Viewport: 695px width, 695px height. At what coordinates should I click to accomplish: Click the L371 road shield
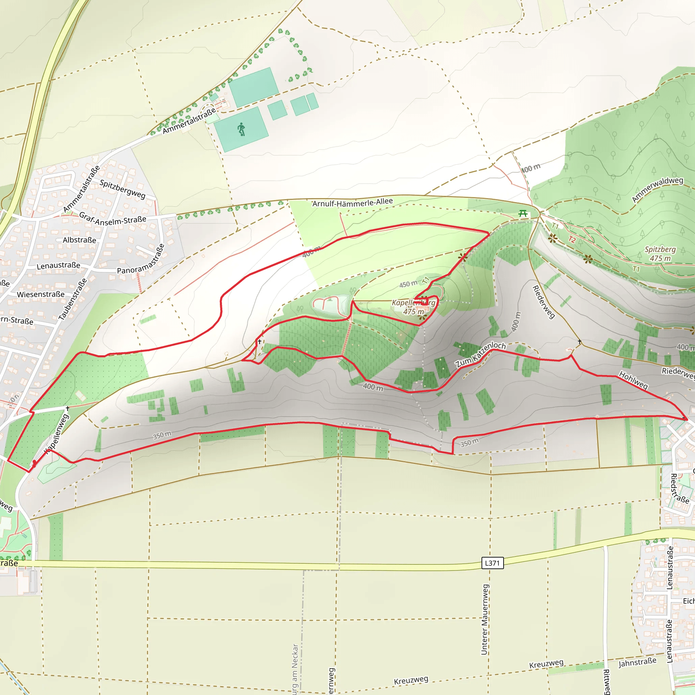(492, 563)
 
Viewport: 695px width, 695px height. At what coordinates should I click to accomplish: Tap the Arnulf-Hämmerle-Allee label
(352, 203)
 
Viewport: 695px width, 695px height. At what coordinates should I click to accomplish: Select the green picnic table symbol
(523, 214)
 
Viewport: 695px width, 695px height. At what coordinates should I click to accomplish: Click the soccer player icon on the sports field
(242, 129)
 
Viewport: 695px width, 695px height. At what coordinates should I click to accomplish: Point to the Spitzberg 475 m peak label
(660, 253)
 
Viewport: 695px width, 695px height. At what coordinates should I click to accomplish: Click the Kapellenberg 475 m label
(413, 307)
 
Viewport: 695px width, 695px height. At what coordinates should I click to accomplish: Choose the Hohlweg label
(633, 380)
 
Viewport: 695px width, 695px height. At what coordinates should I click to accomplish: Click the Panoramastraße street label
(141, 259)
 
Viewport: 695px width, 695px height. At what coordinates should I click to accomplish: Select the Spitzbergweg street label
(122, 189)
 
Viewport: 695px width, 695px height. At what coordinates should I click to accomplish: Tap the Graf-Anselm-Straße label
(113, 219)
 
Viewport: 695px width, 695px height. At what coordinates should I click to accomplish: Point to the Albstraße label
(79, 240)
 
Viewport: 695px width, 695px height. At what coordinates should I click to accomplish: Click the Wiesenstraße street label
(41, 294)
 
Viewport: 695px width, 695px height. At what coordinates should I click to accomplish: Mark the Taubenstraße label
(73, 299)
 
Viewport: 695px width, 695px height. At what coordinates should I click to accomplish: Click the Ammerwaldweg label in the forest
(657, 190)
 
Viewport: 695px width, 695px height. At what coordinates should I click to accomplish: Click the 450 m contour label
(408, 284)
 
